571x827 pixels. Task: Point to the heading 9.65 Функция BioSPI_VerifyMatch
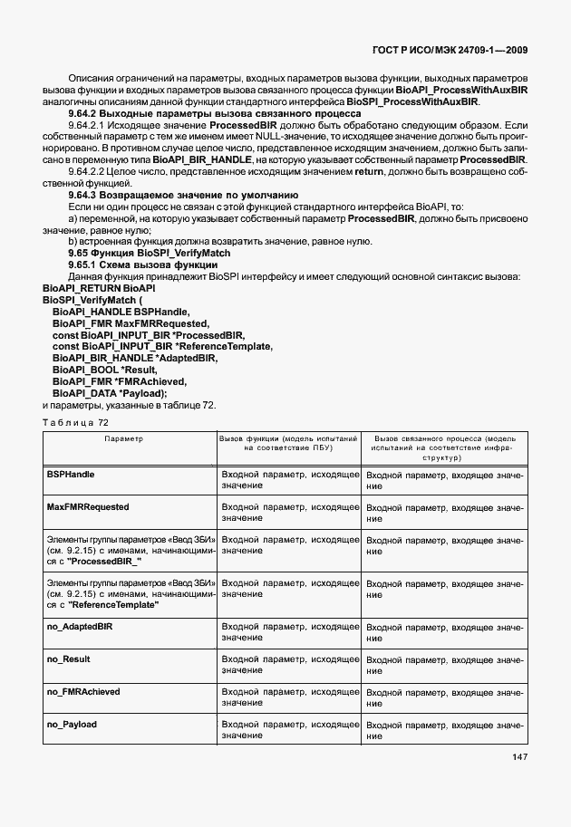[x=150, y=254]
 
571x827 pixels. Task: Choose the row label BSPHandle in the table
[x=71, y=474]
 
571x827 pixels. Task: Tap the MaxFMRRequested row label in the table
[x=88, y=506]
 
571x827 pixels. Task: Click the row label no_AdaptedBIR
[x=79, y=627]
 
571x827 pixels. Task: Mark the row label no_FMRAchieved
[x=83, y=691]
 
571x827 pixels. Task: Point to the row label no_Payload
[x=72, y=725]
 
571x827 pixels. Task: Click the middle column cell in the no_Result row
[x=290, y=665]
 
